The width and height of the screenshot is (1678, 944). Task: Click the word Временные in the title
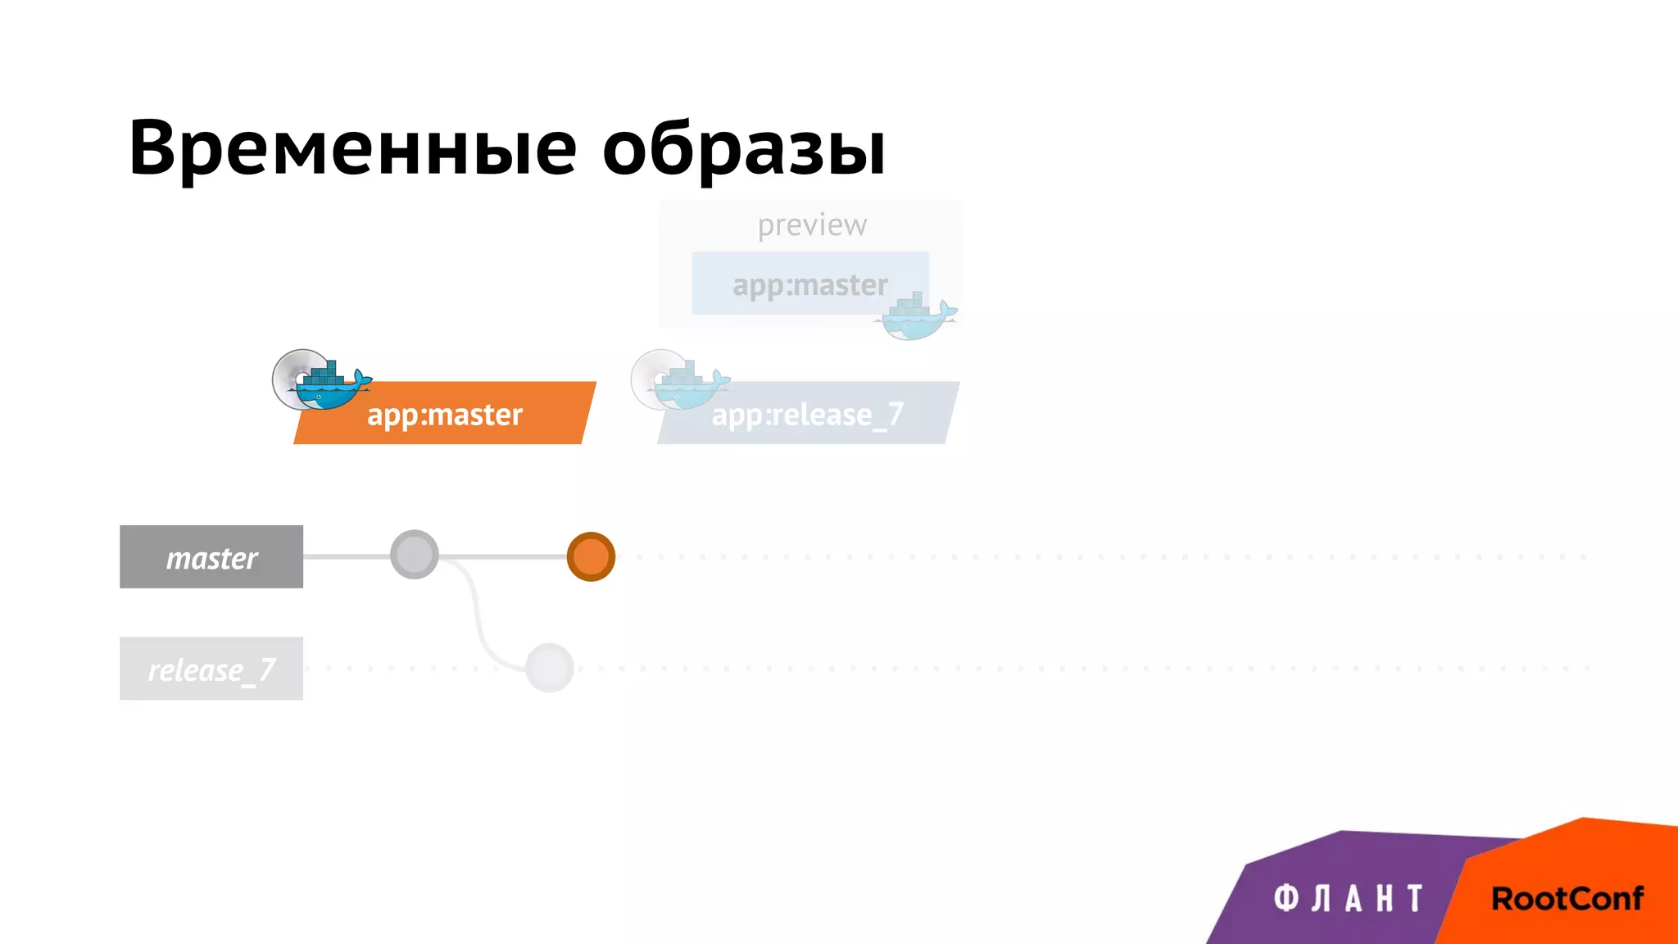click(x=352, y=149)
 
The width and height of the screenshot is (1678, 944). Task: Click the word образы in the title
click(x=743, y=149)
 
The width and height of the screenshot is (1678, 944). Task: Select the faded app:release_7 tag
click(x=807, y=415)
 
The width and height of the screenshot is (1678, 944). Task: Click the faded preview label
click(x=811, y=225)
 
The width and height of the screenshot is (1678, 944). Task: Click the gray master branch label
click(x=211, y=557)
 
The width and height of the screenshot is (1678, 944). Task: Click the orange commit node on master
click(x=591, y=556)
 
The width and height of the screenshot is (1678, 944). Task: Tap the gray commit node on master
click(x=414, y=555)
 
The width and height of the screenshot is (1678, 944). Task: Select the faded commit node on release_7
click(x=549, y=668)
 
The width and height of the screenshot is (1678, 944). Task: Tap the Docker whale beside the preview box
click(x=918, y=320)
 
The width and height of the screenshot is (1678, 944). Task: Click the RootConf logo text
click(x=1567, y=899)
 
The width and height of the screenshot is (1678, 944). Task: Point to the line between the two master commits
click(x=501, y=556)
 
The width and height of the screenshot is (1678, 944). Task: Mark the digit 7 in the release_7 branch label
click(x=266, y=669)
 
